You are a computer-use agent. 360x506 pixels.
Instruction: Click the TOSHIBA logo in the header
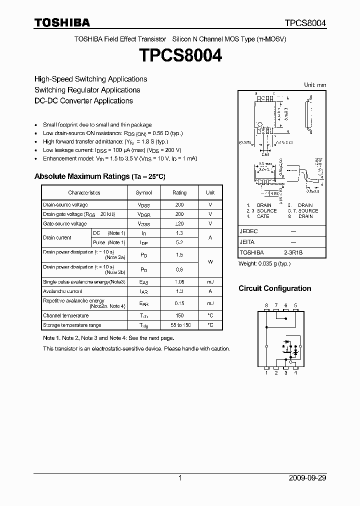pyautogui.click(x=62, y=23)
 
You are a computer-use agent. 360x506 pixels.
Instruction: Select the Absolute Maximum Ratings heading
pyautogui.click(x=99, y=176)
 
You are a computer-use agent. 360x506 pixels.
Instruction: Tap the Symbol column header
pyautogui.click(x=144, y=192)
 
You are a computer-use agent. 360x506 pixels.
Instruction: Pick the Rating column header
pyautogui.click(x=179, y=192)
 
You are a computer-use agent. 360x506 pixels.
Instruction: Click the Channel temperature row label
pyautogui.click(x=66, y=315)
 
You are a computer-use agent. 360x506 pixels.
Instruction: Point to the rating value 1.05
pyautogui.click(x=179, y=282)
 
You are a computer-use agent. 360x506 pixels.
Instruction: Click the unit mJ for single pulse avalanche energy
pyautogui.click(x=210, y=282)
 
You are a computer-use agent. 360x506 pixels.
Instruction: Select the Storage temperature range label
pyautogui.click(x=72, y=325)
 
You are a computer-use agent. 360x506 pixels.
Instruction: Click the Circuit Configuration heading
pyautogui.click(x=274, y=288)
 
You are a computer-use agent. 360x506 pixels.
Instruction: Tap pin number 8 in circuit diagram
pyautogui.click(x=266, y=305)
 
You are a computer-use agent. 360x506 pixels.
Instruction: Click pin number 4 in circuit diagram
pyautogui.click(x=296, y=373)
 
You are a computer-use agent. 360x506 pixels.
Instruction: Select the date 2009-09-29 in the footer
pyautogui.click(x=307, y=478)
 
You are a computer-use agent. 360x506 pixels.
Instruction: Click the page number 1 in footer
pyautogui.click(x=180, y=478)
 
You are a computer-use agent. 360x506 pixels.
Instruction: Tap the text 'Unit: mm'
pyautogui.click(x=315, y=85)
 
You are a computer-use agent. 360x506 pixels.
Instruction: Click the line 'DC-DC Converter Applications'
pyautogui.click(x=83, y=100)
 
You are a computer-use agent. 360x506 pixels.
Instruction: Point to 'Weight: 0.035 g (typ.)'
pyautogui.click(x=264, y=263)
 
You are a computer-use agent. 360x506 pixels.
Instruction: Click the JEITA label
pyautogui.click(x=247, y=242)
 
